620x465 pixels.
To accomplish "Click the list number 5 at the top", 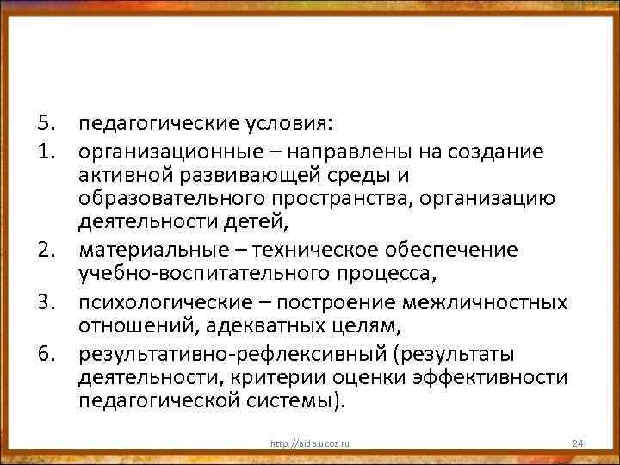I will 45,127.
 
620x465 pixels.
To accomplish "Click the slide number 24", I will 578,443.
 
